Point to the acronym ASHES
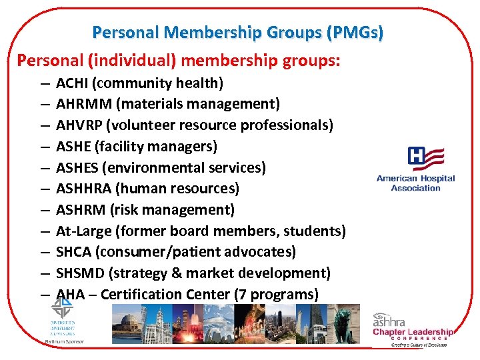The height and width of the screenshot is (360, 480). (77, 167)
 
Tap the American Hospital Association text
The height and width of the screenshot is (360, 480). (415, 183)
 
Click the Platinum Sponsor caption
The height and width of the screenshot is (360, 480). (60, 341)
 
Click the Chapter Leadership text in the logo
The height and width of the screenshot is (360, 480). (413, 332)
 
